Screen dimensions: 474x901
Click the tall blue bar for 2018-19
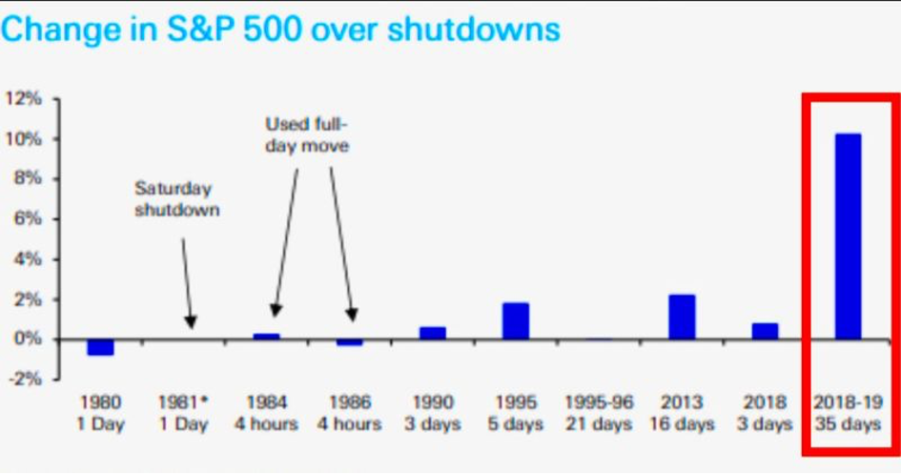coord(848,237)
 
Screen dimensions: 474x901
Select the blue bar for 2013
coord(682,317)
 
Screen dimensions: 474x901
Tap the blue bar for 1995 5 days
coord(515,321)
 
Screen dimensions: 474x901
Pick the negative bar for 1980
coord(100,347)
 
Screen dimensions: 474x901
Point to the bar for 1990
coord(432,333)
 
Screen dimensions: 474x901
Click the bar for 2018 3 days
coord(765,331)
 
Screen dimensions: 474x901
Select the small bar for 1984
coord(266,336)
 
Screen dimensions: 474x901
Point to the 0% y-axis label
coord(28,339)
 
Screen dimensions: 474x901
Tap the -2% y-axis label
coord(26,379)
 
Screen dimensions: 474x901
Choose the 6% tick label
coord(28,218)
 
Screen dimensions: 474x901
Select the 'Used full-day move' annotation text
coord(306,135)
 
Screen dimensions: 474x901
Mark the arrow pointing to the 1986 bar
coord(342,243)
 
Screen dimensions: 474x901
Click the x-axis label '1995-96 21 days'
coord(599,413)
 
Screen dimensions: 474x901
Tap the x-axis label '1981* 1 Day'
coord(183,413)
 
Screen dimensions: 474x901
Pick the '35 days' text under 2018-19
coord(848,424)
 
